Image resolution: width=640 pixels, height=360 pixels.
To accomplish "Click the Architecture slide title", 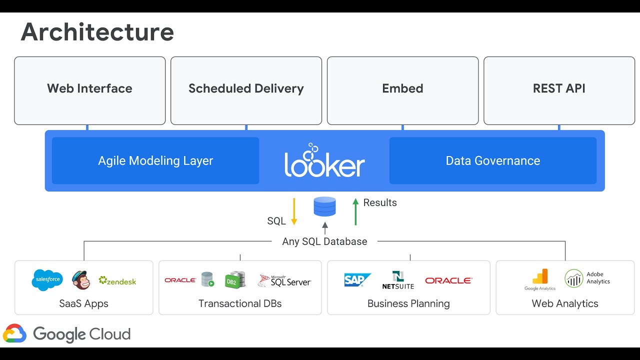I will [97, 32].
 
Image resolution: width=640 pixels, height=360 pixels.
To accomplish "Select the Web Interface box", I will [90, 90].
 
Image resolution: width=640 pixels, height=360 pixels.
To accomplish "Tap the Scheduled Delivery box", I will [246, 90].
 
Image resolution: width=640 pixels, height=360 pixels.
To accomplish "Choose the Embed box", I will [402, 90].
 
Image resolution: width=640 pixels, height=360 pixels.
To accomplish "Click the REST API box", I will [559, 90].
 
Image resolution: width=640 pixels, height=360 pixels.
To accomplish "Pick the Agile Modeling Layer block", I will [155, 161].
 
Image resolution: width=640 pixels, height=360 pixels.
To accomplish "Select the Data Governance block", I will [492, 161].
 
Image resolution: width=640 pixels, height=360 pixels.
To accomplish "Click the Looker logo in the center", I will [324, 161].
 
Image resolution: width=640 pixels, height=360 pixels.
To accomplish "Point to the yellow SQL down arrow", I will [294, 211].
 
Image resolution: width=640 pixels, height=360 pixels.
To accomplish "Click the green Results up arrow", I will [355, 211].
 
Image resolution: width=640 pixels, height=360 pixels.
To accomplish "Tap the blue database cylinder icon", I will [324, 206].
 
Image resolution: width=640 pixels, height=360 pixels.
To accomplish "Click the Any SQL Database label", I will [324, 241].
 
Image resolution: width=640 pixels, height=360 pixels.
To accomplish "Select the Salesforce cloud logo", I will [47, 280].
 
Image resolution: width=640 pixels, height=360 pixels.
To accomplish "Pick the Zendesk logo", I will [117, 281].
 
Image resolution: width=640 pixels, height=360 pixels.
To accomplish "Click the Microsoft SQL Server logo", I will [284, 280].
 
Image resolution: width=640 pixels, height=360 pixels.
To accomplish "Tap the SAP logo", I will [357, 280].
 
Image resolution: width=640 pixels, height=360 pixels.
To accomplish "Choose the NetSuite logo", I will [398, 280].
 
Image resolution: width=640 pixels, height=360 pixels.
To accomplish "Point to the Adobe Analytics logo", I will [587, 278].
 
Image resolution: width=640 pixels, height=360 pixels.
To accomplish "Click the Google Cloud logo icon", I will [14, 334].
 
